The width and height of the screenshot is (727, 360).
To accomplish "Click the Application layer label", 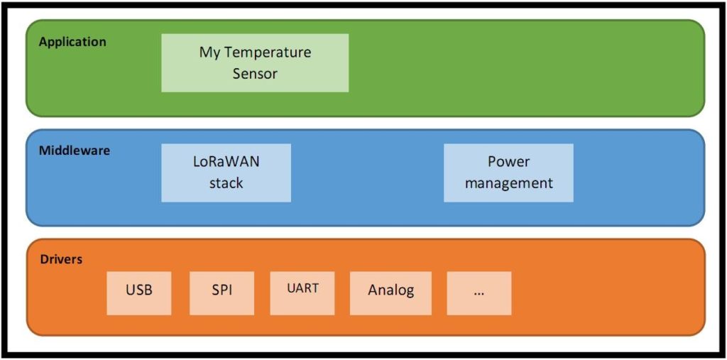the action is point(72,42).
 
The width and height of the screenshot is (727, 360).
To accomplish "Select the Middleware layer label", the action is point(75,151).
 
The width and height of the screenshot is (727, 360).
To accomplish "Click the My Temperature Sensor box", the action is point(255,62).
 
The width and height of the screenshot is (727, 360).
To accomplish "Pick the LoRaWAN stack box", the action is point(226,173).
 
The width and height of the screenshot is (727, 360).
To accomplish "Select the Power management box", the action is point(508,173).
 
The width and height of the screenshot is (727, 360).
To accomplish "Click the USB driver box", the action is point(139,293).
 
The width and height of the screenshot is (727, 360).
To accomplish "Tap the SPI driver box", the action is point(222,293).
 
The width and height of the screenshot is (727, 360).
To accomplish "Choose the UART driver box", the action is point(302,293).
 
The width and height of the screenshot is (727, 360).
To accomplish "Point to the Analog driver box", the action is point(391,293).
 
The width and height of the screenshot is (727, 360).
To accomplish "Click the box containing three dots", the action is point(479,293).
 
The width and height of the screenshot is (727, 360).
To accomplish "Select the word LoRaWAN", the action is point(226,163).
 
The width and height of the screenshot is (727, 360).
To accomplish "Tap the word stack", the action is point(226,183).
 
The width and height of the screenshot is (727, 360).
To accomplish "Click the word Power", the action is point(508,162).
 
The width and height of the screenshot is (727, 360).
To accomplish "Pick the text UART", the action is point(302,288).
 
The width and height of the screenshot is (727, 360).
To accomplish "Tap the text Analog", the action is point(391,291).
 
